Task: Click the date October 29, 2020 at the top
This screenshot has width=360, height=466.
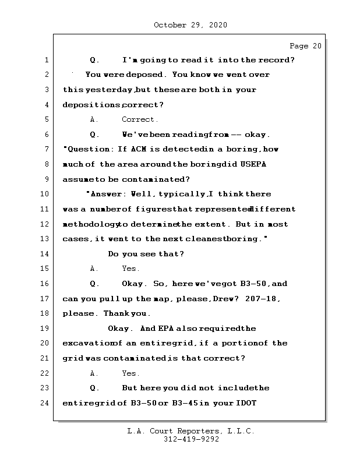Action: click(x=190, y=25)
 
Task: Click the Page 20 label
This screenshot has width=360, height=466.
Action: click(x=305, y=45)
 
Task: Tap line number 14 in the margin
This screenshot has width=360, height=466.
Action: click(x=46, y=254)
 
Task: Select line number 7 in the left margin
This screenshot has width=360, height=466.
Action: click(x=46, y=149)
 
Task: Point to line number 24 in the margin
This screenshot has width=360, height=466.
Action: click(x=46, y=403)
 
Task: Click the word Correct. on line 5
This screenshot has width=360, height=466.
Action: click(x=140, y=119)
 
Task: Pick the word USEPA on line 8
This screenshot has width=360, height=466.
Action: click(x=253, y=164)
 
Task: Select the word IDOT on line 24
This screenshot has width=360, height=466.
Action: click(x=245, y=403)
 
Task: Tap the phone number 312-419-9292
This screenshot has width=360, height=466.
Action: click(x=190, y=440)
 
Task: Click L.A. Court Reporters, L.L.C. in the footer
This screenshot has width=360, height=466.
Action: click(x=190, y=432)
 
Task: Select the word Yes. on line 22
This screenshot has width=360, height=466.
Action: click(x=130, y=373)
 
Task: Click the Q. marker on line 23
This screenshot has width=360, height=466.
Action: click(x=95, y=388)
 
